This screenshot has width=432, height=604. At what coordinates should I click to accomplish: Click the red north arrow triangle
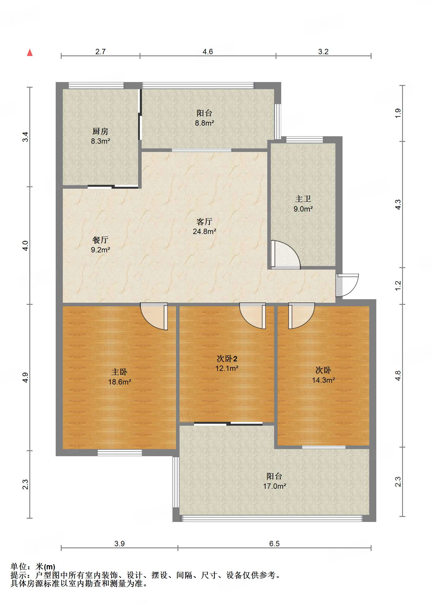point(30,52)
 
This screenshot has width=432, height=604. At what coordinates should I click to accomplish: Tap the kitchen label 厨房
point(100,131)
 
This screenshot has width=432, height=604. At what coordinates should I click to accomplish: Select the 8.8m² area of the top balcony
point(204,123)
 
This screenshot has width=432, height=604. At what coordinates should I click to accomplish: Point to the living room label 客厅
point(204,221)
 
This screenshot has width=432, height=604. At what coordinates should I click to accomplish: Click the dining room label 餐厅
point(100,240)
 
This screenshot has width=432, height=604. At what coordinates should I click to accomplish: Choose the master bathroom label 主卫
point(303,199)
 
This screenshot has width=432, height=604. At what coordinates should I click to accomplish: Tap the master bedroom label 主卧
point(119,372)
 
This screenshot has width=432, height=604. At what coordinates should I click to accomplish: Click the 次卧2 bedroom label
point(227,359)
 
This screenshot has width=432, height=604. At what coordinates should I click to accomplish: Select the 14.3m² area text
point(323,380)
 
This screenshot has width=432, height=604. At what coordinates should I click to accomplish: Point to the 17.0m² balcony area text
point(274,486)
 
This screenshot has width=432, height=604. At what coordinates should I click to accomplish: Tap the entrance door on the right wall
point(347,285)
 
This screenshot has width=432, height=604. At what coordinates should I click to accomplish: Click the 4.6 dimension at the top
point(208,52)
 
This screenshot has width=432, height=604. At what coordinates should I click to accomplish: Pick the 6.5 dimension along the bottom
point(274,544)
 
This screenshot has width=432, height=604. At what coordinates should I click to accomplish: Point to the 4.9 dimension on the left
point(25,377)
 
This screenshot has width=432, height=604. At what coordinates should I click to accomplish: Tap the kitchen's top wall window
point(96,86)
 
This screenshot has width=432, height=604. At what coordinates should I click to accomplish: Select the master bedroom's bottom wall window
point(120,453)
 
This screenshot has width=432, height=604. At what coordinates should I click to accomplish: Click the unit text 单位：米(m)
point(33,567)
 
